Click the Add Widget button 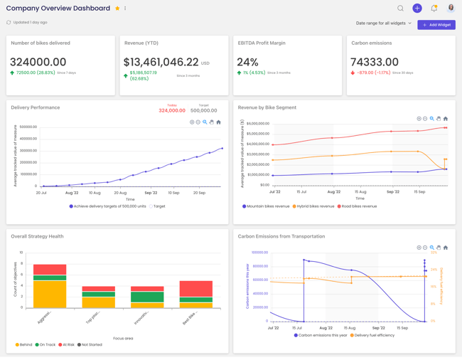click(x=436, y=25)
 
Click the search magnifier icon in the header click(x=400, y=9)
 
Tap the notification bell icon click(x=434, y=9)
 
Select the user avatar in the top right click(x=451, y=9)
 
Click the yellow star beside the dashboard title click(x=117, y=9)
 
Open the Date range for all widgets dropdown click(x=384, y=23)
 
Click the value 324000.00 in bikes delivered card click(x=38, y=63)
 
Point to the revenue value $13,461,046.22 click(x=161, y=63)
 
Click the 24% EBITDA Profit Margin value click(x=247, y=63)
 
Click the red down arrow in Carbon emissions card click(x=353, y=73)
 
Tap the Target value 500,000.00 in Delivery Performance click(x=203, y=110)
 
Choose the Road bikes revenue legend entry click(x=359, y=206)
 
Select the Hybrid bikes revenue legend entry click(x=314, y=206)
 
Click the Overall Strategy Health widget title click(x=37, y=236)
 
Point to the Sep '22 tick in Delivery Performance click(x=151, y=193)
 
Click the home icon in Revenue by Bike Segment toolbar click(x=446, y=119)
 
